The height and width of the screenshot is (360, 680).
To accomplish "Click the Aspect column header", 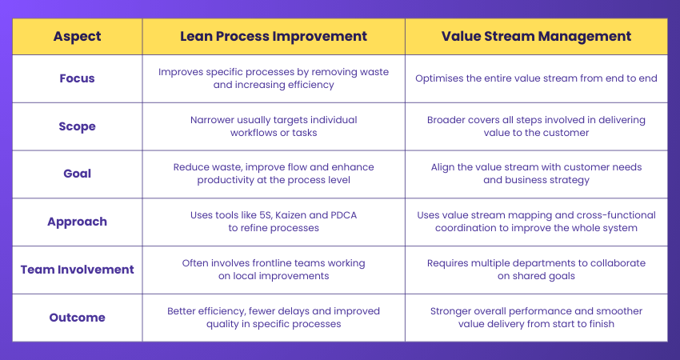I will [x=77, y=36].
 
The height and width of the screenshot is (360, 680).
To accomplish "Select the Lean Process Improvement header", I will [x=274, y=36].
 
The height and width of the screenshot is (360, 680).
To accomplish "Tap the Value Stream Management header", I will [x=536, y=36].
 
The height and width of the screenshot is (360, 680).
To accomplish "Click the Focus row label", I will [x=77, y=78].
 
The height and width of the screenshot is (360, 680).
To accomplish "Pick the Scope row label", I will [x=77, y=126].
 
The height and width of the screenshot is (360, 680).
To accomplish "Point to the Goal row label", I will [x=77, y=174].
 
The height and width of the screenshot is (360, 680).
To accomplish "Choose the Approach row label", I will [x=77, y=222].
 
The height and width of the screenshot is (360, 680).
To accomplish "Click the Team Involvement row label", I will [x=77, y=270].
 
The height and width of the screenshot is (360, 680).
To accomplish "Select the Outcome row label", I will [x=77, y=318].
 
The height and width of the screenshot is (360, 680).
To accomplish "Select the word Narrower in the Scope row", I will [x=216, y=120].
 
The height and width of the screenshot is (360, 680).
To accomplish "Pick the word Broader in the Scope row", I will [x=449, y=120].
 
